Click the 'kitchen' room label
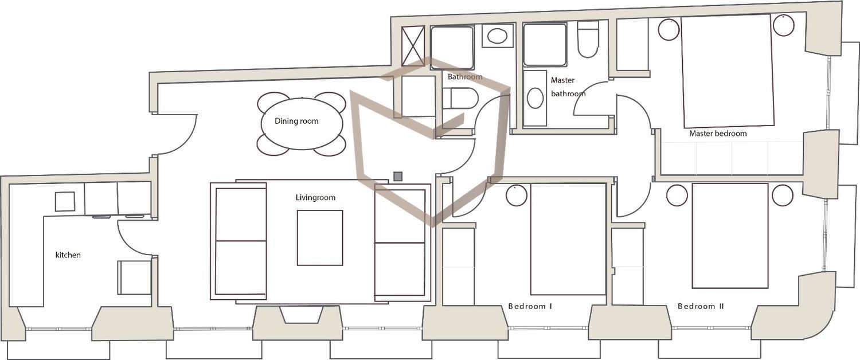click(x=68, y=255)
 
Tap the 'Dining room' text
click(x=296, y=122)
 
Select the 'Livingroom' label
click(x=315, y=198)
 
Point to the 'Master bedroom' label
click(x=718, y=134)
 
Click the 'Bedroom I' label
click(x=530, y=306)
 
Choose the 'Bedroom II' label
click(x=701, y=306)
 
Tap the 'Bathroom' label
click(x=465, y=77)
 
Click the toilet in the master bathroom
click(x=588, y=39)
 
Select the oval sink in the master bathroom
click(x=535, y=97)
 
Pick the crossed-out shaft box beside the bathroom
click(x=413, y=46)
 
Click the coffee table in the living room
click(x=320, y=237)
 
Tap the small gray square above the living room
click(x=398, y=176)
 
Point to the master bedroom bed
click(x=728, y=71)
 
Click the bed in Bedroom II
click(x=730, y=236)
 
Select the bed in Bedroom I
click(x=568, y=238)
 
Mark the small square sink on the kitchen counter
click(x=65, y=201)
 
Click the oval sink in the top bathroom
click(x=498, y=36)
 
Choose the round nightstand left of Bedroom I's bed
click(x=517, y=195)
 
